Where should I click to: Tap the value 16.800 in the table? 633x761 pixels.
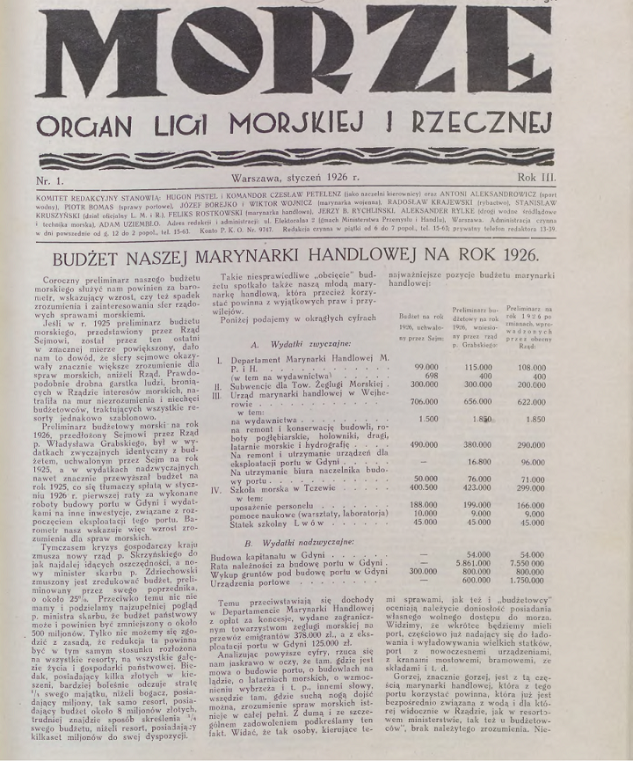(502, 461)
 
